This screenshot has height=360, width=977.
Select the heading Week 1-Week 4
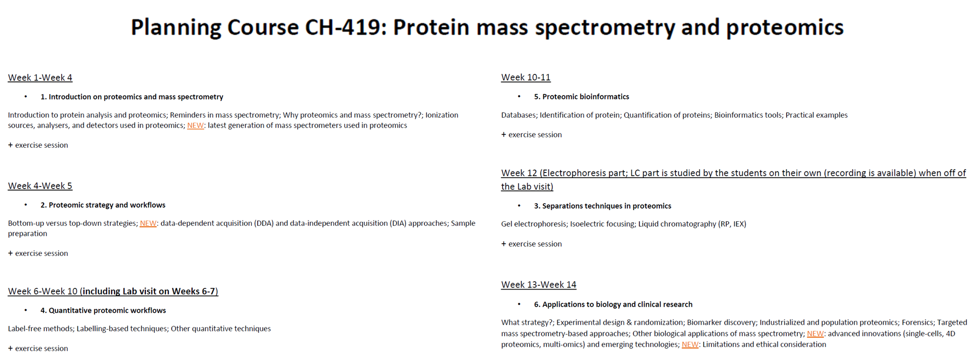[x=40, y=77]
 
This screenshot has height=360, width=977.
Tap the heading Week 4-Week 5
[x=40, y=186]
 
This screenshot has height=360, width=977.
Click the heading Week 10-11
[x=526, y=77]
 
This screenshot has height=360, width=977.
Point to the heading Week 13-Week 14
[x=539, y=285]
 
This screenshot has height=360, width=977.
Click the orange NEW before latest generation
[x=196, y=125]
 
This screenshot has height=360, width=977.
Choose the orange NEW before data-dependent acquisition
[x=148, y=223]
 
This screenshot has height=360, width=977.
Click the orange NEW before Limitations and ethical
[x=690, y=344]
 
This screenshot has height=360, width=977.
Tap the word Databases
[x=519, y=115]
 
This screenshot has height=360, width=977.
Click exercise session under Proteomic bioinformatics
[x=535, y=134]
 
